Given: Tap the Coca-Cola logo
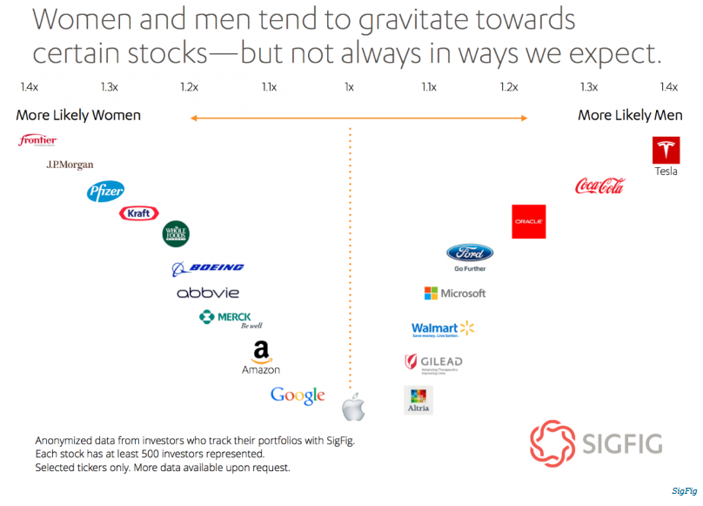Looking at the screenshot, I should [599, 186].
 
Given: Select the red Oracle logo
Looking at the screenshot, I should [528, 221].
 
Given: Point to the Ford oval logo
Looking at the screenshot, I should [470, 253].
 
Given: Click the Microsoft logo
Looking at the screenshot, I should [454, 293].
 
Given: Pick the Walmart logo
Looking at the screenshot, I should [443, 328].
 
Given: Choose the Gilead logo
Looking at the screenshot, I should [433, 361].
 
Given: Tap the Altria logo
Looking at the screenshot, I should [418, 400].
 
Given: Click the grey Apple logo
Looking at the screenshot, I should [352, 406].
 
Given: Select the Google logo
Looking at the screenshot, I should [298, 395].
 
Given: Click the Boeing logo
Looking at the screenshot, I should [208, 268].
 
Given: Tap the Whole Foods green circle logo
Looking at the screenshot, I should [176, 233].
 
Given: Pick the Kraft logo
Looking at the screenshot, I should [138, 213].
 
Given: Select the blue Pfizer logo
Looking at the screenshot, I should [105, 192].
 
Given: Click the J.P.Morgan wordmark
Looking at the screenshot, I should [70, 165].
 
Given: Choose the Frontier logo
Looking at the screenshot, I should [37, 140].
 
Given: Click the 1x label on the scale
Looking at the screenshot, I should [349, 87].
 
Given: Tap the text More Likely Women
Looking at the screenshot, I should [78, 116].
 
